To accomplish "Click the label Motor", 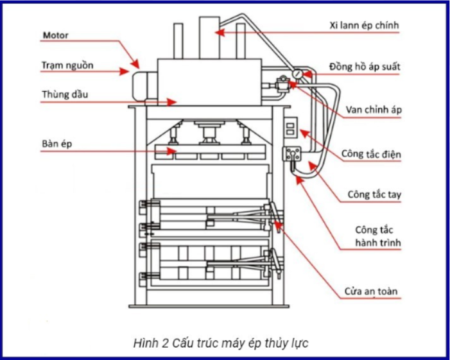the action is (x=56, y=35).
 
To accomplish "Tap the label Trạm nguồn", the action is (x=67, y=65).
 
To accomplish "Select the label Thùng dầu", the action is (x=65, y=94).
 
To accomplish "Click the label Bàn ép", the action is (x=57, y=144).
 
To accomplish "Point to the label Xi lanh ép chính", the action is (x=364, y=26).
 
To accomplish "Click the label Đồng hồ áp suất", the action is (x=365, y=67).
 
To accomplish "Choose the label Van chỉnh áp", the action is (x=374, y=110).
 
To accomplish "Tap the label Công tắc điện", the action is (x=371, y=154).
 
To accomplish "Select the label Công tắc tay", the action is (x=374, y=194).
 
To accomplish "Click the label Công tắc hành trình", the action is (x=378, y=236).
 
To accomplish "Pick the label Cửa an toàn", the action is (x=371, y=291).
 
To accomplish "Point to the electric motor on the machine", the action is (x=144, y=86).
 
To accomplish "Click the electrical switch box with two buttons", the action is (x=290, y=126).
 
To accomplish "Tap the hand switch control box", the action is (x=291, y=154).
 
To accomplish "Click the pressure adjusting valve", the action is (x=282, y=84).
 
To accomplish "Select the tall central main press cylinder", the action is (x=209, y=38).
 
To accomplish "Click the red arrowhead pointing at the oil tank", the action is (x=171, y=102).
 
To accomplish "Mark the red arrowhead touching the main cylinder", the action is (x=220, y=33).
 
